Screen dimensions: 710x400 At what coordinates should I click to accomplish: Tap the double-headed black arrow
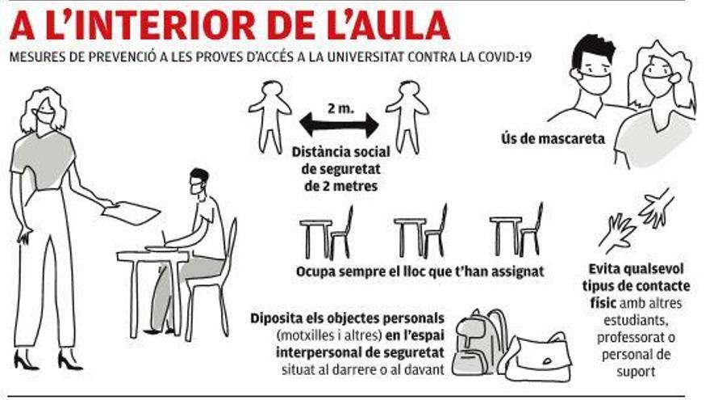339,125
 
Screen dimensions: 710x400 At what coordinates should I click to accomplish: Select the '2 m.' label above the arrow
340,108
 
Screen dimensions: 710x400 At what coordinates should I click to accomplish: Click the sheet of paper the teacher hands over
131,213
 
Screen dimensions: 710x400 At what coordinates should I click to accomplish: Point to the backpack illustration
480,343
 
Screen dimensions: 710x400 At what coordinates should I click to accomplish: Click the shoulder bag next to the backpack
539,358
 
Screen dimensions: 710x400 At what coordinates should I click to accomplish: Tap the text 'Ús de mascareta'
553,138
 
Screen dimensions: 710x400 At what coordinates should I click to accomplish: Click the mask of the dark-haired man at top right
595,82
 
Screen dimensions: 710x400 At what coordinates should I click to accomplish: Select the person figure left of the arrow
269,117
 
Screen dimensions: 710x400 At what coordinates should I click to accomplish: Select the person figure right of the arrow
407,117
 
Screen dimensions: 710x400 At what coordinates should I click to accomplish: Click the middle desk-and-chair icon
420,232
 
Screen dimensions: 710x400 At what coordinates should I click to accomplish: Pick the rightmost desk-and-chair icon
516,231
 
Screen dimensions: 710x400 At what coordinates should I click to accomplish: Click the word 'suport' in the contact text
636,372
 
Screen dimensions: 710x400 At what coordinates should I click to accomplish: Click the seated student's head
198,181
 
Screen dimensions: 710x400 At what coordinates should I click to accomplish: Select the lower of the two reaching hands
616,233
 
